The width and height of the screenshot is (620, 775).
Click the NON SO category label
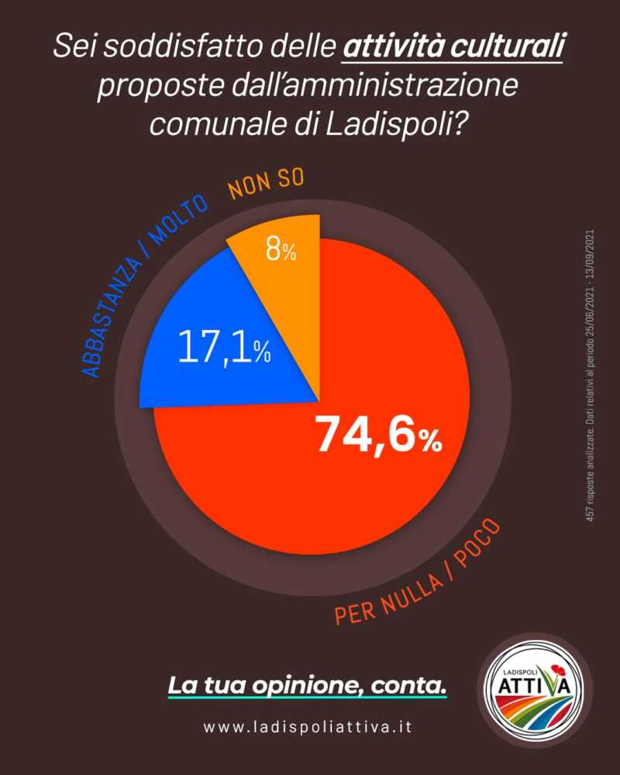coord(266,185)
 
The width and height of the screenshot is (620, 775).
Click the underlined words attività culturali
coord(452,50)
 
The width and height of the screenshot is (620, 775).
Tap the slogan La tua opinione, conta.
coord(308,685)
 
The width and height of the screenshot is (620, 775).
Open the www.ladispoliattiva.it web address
coord(308,728)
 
